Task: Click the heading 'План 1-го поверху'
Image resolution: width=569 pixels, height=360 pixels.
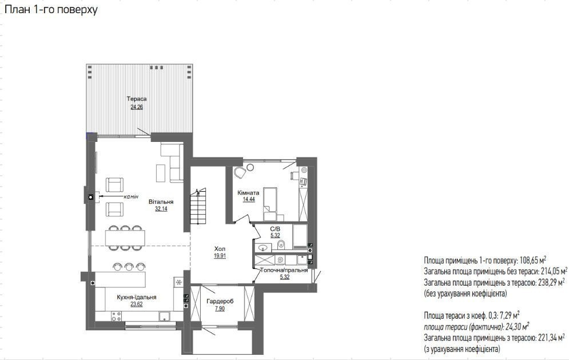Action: coord(51,10)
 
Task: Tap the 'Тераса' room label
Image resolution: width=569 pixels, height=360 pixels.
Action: coord(137,99)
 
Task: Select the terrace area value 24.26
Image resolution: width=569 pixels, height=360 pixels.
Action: coord(137,107)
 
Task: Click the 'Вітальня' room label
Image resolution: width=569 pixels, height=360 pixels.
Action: coord(161,201)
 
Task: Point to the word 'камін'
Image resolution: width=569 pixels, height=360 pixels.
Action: coord(131,196)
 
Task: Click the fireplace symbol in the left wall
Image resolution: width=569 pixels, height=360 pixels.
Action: coord(90,197)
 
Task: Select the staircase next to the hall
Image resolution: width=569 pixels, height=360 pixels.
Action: coord(198,207)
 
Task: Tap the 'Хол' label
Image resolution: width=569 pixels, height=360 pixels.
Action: coord(220,248)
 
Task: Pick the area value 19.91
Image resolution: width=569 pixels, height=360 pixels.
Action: coord(220,256)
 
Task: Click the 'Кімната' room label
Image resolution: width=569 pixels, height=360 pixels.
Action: coord(249,192)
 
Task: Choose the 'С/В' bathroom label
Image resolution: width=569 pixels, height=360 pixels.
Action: coord(275,229)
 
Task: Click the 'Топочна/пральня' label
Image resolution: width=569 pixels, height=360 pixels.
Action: coord(284,270)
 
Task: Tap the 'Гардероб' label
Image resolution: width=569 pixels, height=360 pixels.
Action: coord(220,301)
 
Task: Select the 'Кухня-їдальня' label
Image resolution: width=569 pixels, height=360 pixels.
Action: coord(137,297)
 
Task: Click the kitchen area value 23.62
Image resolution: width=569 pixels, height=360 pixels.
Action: coord(137,304)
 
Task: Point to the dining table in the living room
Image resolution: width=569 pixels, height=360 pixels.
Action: coord(125,238)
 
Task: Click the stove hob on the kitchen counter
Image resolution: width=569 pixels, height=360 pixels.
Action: coord(117,316)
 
